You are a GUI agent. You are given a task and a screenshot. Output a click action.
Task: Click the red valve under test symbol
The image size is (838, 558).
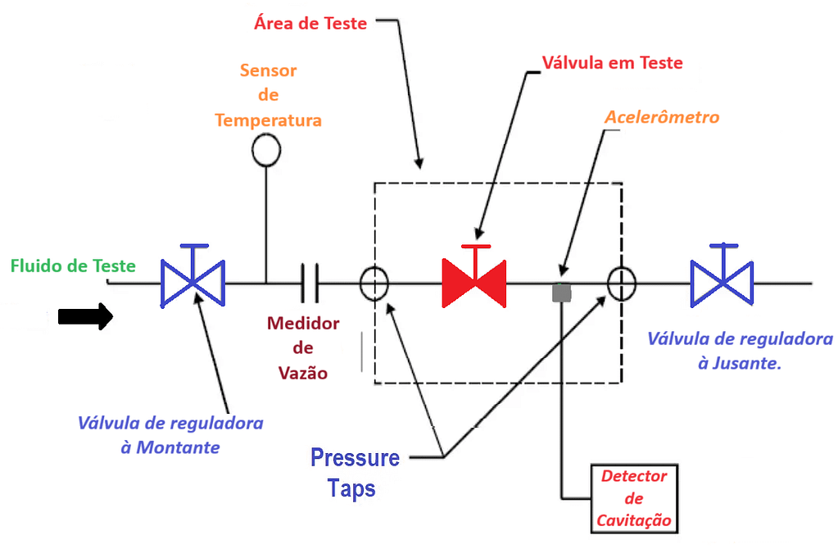click(474, 283)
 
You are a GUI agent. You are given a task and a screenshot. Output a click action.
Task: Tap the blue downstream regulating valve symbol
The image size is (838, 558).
click(722, 283)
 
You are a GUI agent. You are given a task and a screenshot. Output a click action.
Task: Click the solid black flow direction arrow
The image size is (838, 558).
click(85, 316)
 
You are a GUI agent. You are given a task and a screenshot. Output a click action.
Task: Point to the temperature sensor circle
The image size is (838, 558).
click(266, 150)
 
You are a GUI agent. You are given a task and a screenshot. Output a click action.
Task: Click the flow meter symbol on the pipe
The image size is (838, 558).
click(309, 283)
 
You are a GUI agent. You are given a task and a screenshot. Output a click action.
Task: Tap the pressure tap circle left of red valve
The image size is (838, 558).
click(374, 283)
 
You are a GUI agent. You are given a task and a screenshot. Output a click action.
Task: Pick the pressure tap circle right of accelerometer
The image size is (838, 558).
click(622, 283)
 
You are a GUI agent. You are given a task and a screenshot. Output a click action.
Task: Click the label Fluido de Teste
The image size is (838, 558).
click(73, 265)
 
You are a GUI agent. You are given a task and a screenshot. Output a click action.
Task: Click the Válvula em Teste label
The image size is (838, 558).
click(612, 62)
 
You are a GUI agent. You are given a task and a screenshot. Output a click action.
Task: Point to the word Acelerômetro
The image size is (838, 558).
click(662, 117)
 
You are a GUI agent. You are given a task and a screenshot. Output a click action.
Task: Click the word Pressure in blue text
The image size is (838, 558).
click(355, 458)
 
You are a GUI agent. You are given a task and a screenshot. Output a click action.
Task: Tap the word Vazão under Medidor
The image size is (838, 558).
click(302, 373)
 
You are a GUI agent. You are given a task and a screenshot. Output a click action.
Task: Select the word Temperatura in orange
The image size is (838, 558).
click(268, 120)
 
